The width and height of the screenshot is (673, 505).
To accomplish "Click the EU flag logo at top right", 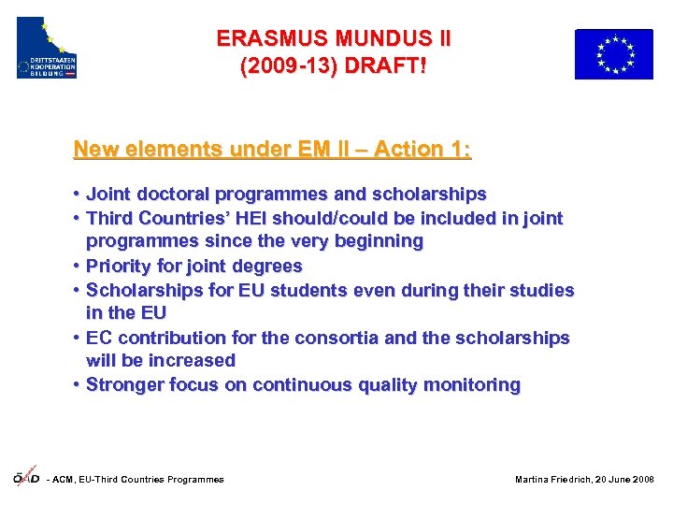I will pos(613,53).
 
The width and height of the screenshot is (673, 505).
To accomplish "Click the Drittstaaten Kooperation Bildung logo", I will pos(47,48).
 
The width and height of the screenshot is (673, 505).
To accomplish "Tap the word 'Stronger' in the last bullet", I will pos(124,384).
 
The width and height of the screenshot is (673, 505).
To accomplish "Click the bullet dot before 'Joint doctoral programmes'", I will pos(74,195).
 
